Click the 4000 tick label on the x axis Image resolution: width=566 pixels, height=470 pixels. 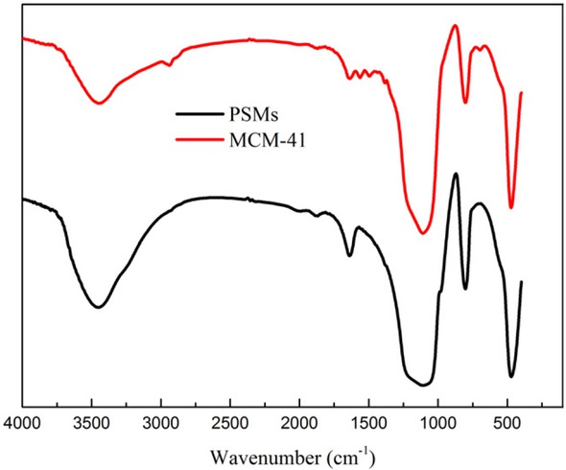point(21,421)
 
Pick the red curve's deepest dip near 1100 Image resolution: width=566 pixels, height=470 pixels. point(423,232)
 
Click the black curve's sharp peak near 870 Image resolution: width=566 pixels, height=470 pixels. point(456,174)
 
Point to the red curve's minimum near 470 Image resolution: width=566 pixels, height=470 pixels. point(511,207)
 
